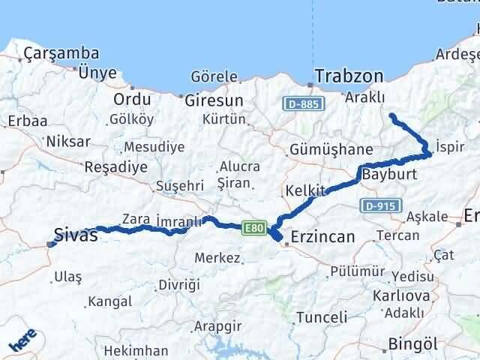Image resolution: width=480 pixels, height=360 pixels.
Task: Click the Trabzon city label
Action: tap(349, 76)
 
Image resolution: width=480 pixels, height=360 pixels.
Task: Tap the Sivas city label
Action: tap(76, 235)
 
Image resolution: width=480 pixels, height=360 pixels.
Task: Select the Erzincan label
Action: tap(322, 236)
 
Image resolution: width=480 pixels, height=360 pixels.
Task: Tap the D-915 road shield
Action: tap(380, 204)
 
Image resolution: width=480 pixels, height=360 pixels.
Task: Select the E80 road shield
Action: tap(253, 226)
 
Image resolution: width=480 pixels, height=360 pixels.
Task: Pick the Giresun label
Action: tap(214, 100)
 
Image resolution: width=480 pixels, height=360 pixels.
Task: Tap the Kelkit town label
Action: tap(303, 190)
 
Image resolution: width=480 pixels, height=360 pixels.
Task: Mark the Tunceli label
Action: tap(322, 317)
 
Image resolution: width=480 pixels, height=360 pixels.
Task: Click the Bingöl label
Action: tap(412, 344)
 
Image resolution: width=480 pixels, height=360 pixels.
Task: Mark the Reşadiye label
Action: tap(116, 166)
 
